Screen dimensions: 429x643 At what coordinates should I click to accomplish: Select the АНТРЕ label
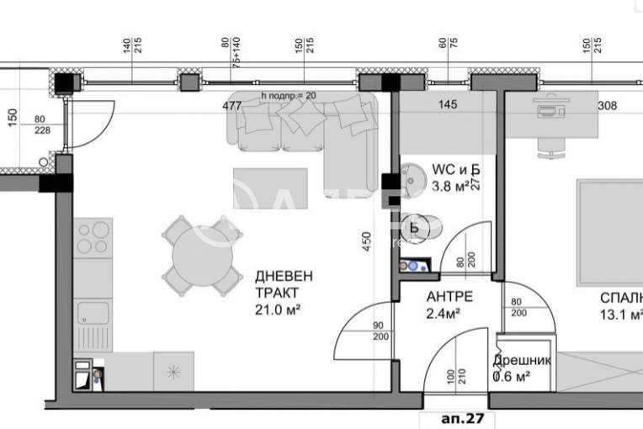[x=449, y=297]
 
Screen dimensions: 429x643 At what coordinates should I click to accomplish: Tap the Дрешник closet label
[x=522, y=360]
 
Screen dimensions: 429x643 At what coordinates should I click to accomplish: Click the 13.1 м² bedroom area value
[x=620, y=315]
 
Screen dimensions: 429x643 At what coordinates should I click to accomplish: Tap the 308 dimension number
[x=607, y=106]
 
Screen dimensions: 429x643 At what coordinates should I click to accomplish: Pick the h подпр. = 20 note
[x=289, y=96]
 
